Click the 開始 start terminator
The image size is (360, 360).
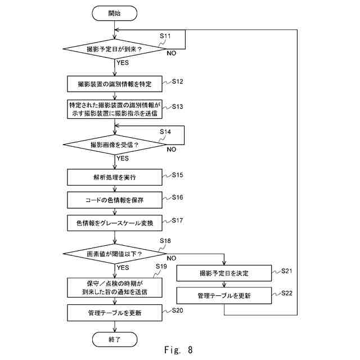[114, 13]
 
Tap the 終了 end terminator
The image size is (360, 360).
[115, 339]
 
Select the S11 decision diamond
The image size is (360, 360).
[115, 49]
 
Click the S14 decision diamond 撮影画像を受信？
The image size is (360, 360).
[115, 145]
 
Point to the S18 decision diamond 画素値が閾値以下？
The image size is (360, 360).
[115, 254]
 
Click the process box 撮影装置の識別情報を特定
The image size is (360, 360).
[115, 84]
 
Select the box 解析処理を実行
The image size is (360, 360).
[115, 177]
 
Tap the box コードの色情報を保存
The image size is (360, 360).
[115, 200]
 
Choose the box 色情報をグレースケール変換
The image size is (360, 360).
[115, 223]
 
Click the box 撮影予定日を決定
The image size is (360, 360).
[224, 273]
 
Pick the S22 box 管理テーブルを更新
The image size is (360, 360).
[224, 295]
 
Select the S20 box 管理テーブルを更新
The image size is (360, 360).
[115, 313]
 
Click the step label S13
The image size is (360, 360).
[178, 106]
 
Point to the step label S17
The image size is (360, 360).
[178, 220]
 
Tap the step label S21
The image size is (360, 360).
[287, 271]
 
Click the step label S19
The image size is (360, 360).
[161, 266]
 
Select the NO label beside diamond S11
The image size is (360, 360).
[171, 53]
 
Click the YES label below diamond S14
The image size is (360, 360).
[123, 159]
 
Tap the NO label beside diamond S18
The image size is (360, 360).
[171, 258]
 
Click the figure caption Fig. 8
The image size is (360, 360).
[179, 350]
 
